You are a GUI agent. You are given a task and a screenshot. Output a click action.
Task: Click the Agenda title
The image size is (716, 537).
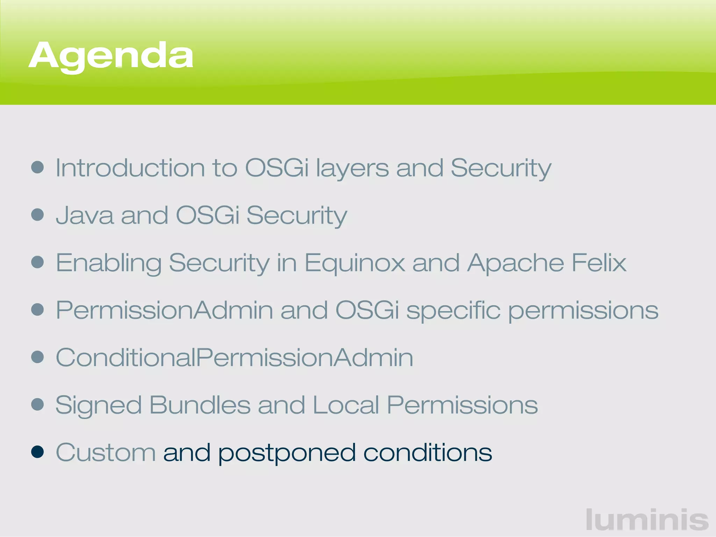point(111,56)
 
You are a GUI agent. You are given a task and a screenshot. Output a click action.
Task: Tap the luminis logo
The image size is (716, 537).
point(647,520)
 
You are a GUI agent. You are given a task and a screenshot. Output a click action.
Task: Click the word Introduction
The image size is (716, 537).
point(130,168)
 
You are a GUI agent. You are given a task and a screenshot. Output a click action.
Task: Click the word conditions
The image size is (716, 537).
point(428,452)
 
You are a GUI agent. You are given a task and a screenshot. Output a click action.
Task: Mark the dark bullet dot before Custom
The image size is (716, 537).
point(37,452)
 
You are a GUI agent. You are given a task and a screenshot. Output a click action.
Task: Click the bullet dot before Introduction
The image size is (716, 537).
point(37,167)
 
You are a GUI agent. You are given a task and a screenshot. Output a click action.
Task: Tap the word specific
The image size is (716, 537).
point(453,310)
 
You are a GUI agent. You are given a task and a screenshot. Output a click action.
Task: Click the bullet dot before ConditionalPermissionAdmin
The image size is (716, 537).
point(37,357)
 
